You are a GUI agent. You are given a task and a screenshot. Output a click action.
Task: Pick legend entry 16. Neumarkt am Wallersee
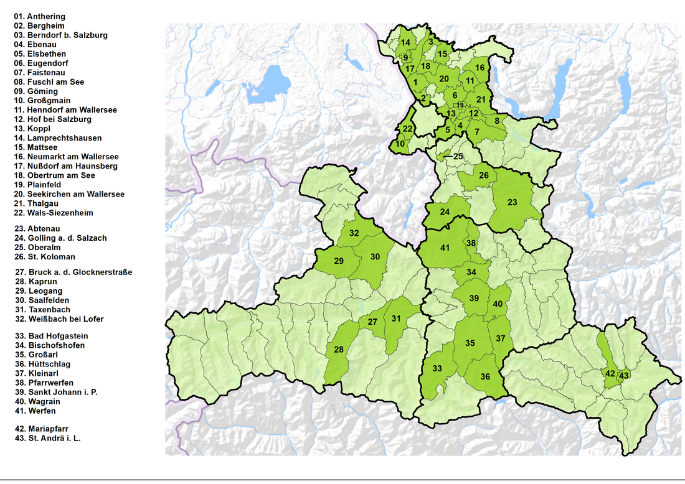[65, 157]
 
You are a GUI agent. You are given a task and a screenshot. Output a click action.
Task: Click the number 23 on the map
[512, 202]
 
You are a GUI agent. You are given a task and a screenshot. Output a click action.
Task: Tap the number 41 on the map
[445, 248]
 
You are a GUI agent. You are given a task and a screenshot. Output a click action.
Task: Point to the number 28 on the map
[338, 350]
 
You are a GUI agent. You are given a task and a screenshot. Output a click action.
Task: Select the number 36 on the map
[485, 376]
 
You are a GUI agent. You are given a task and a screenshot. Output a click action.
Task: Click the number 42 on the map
[610, 373]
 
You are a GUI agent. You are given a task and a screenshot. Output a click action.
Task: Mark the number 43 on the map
[624, 375]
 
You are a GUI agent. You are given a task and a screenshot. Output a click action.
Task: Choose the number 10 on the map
[400, 143]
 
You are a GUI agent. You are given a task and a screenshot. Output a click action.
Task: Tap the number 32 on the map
[354, 233]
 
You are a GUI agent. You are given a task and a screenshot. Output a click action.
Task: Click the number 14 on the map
[405, 42]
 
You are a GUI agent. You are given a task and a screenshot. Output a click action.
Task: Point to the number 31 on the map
[396, 319]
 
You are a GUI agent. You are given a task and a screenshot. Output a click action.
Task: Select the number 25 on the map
[458, 156]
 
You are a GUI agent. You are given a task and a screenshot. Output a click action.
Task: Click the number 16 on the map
[479, 67]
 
